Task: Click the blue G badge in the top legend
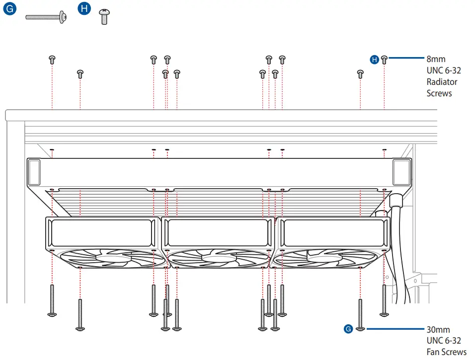(10, 9)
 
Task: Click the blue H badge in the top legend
(85, 9)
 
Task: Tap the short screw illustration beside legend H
(104, 16)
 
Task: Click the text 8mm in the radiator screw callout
(436, 59)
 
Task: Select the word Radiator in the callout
(442, 82)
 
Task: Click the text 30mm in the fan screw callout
(438, 330)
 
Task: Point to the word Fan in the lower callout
(433, 352)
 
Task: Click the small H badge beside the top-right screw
(375, 60)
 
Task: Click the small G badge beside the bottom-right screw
(348, 329)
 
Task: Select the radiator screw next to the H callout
(384, 60)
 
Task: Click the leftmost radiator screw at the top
(52, 60)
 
